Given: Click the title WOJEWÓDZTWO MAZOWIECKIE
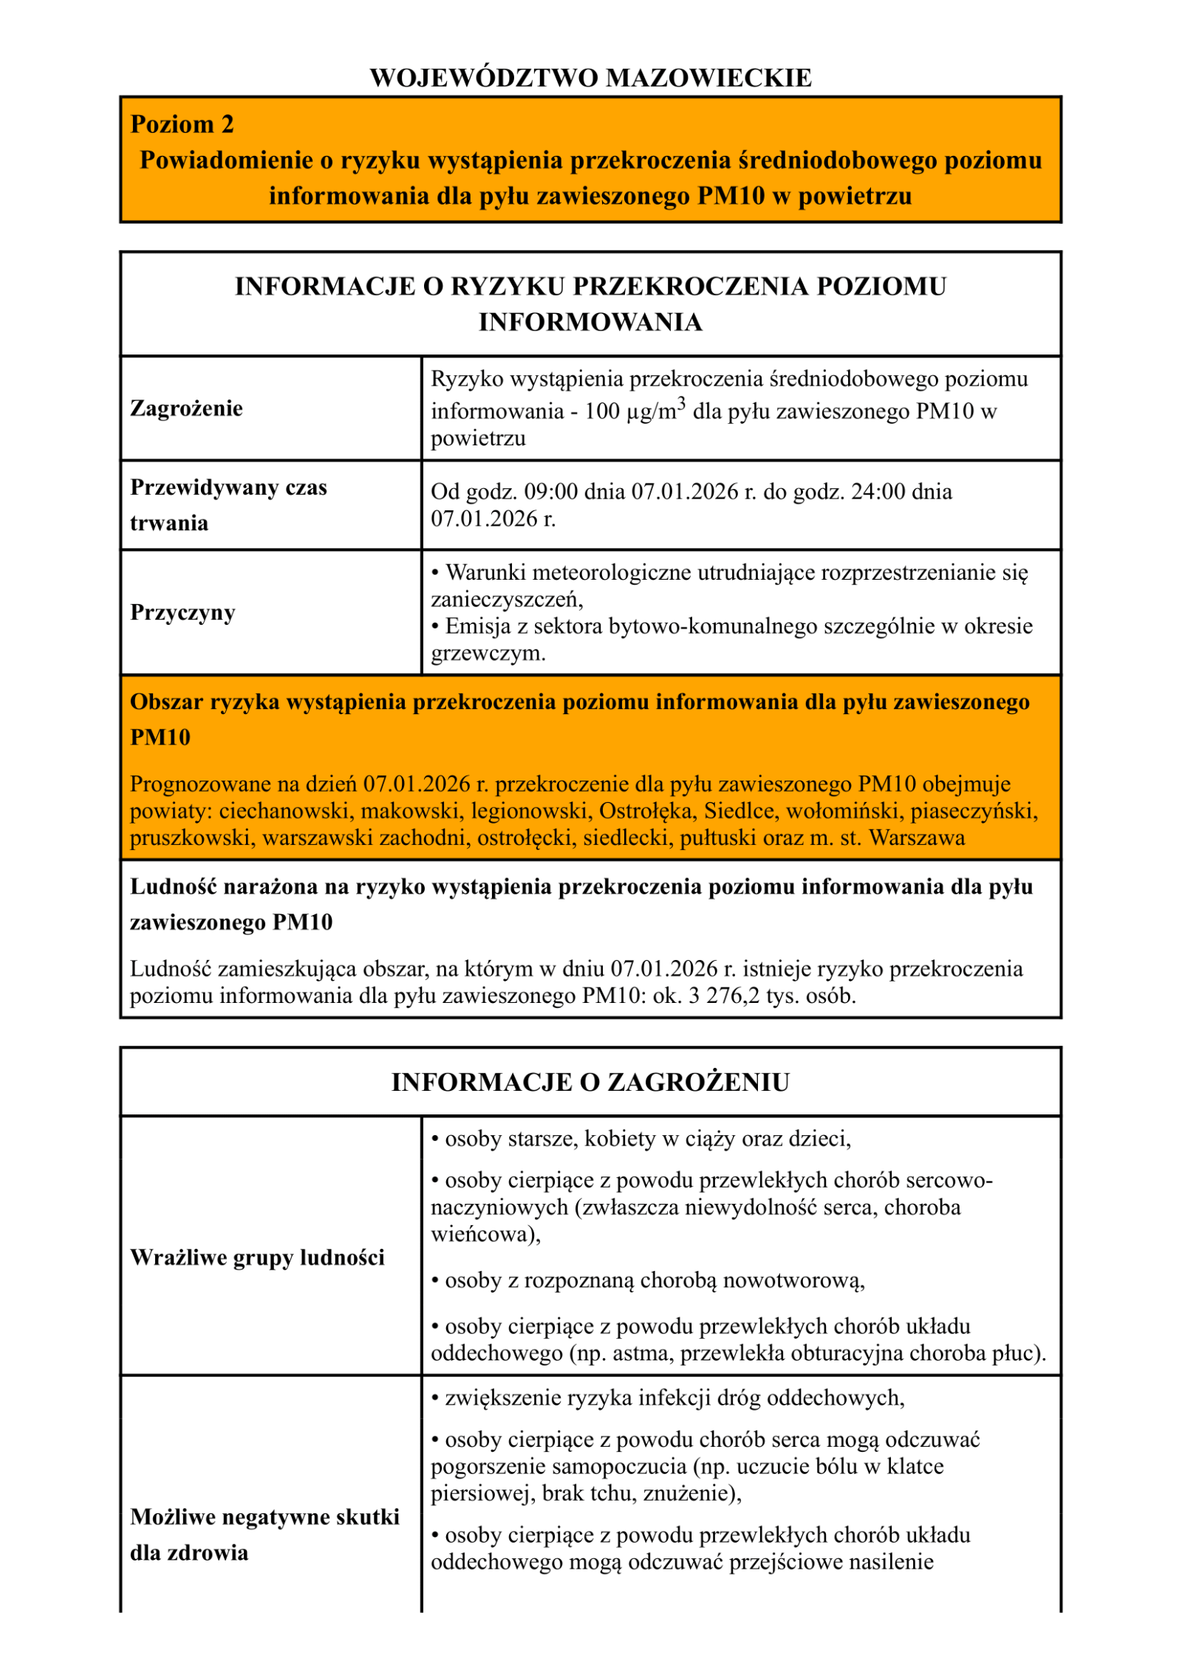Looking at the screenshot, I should [590, 78].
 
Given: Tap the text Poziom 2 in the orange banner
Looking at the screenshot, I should [182, 124].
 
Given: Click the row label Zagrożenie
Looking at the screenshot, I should [186, 408].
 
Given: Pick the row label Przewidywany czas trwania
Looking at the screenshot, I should [228, 505].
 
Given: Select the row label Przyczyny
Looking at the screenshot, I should [182, 612].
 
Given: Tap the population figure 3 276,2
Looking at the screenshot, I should [723, 996].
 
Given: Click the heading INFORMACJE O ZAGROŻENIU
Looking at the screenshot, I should [590, 1082].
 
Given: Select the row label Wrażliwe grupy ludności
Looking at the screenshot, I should [257, 1258].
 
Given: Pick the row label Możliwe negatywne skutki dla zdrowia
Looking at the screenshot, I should [264, 1535].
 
